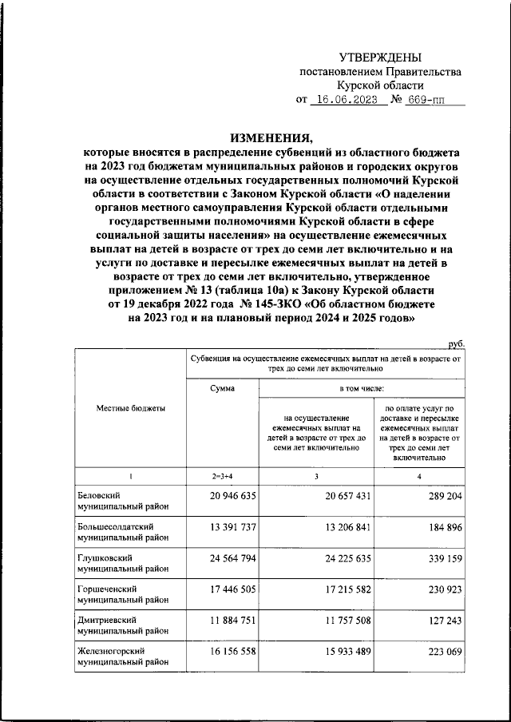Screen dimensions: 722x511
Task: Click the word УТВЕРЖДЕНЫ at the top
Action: tap(380, 57)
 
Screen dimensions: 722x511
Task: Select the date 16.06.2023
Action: tap(347, 101)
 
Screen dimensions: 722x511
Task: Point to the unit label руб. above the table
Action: tap(456, 343)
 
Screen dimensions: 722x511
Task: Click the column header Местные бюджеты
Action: tap(131, 408)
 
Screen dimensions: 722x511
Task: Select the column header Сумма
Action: tap(223, 388)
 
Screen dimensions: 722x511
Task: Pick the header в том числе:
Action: tap(362, 388)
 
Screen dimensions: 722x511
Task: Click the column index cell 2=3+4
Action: tap(223, 477)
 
